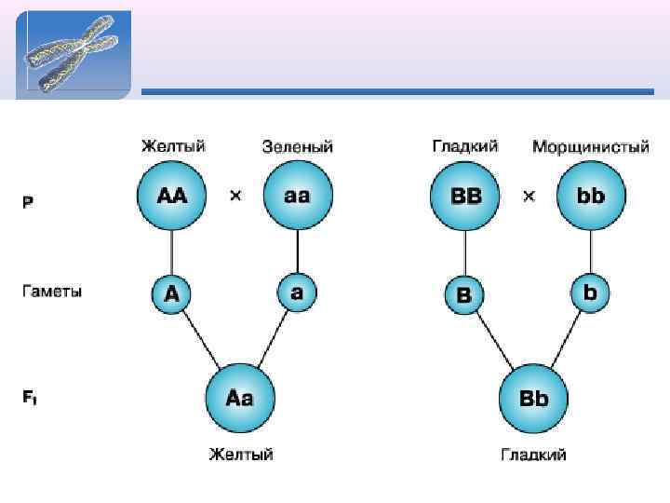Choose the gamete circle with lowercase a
297,292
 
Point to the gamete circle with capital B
464,295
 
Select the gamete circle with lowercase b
590,292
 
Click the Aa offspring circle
239,398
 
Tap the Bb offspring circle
533,399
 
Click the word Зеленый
298,147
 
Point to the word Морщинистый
591,147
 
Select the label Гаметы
52,292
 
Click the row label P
28,202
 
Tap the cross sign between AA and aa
235,197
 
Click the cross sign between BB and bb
529,197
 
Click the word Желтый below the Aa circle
240,455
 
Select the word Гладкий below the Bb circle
534,455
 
